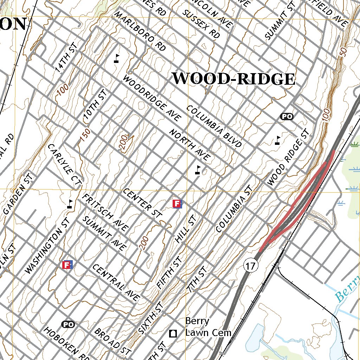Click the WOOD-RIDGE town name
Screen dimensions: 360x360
233,79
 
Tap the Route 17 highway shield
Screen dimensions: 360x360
250,265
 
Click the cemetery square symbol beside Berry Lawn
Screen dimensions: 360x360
173,333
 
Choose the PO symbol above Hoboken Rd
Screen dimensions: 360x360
68,324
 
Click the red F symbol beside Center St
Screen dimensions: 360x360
177,203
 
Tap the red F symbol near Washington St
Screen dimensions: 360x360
67,265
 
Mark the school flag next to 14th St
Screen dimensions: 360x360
117,58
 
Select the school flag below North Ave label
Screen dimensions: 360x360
198,171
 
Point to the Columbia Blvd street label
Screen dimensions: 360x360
214,126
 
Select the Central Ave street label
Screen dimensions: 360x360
116,282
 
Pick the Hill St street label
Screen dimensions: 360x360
185,229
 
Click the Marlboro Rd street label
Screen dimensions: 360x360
140,31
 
